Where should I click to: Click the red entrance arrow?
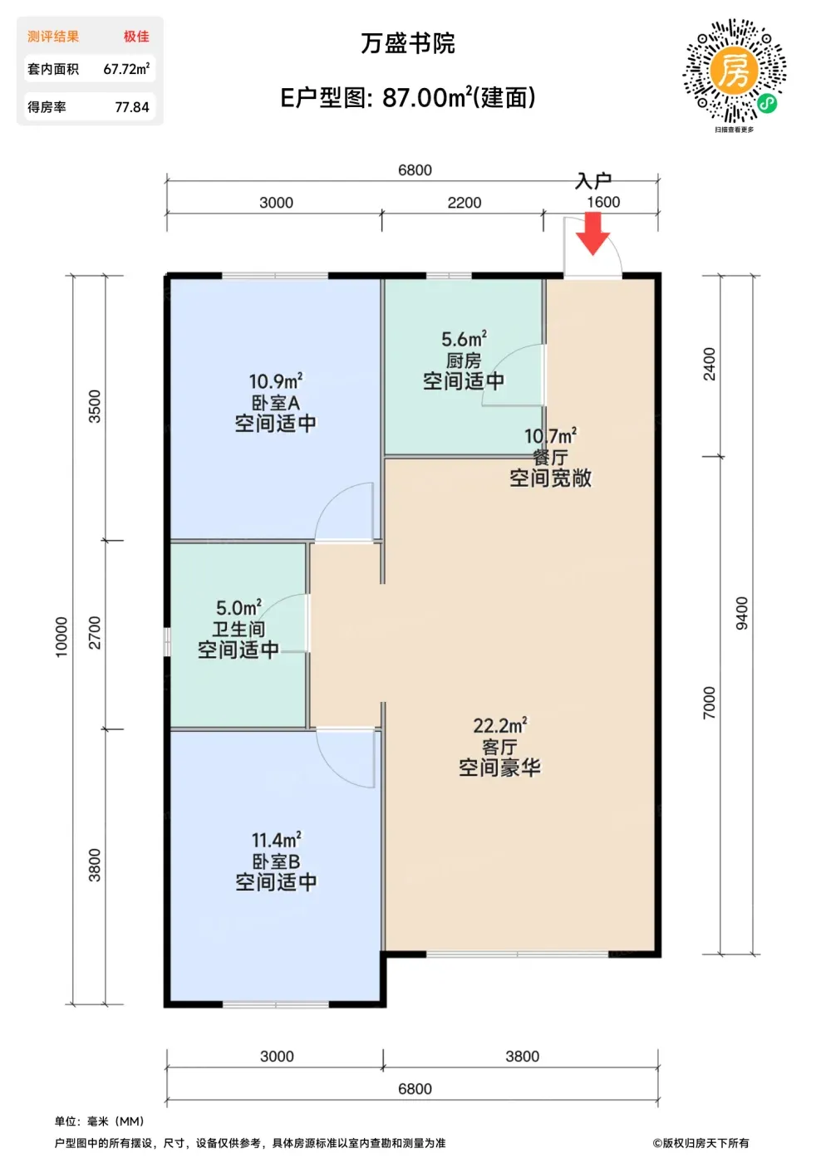(x=592, y=233)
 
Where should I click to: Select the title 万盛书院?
(x=408, y=43)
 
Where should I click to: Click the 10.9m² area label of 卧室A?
(x=276, y=381)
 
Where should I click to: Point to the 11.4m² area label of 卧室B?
(x=277, y=840)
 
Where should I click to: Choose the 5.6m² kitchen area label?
(x=464, y=339)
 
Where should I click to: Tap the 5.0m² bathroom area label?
(x=238, y=607)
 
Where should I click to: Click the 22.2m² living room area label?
(x=499, y=725)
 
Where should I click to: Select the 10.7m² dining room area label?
(x=550, y=436)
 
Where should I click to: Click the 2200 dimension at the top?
(x=465, y=203)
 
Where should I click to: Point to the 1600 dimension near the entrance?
(x=603, y=202)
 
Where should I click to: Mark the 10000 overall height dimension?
(x=61, y=637)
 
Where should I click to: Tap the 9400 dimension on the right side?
(x=742, y=613)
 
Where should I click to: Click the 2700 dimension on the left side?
(x=95, y=632)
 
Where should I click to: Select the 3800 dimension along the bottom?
(x=522, y=1056)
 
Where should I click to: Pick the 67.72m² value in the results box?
(x=126, y=68)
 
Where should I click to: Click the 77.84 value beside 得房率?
(x=132, y=107)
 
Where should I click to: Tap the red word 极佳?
(x=136, y=37)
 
